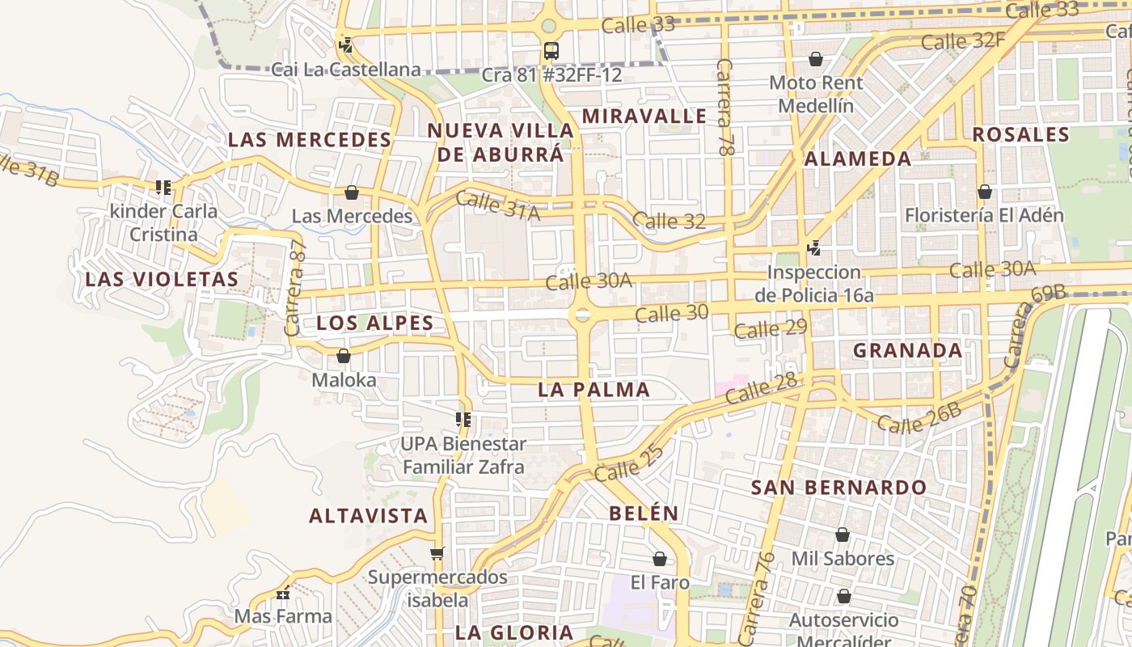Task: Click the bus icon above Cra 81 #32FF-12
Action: (x=551, y=51)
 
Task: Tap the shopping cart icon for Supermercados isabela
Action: (x=437, y=554)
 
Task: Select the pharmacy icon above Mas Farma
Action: (x=283, y=594)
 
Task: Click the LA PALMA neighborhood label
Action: (x=594, y=390)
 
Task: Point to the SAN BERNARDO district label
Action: (x=838, y=488)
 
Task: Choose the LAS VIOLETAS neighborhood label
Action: (x=162, y=280)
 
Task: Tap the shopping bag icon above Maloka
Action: (x=344, y=356)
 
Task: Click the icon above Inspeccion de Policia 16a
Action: (x=814, y=248)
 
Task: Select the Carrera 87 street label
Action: (x=294, y=287)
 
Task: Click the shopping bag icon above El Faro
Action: (x=660, y=559)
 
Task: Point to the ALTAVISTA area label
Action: (x=368, y=516)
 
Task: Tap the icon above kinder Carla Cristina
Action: (x=163, y=188)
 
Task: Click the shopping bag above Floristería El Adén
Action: (x=984, y=192)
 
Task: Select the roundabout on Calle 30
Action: (x=582, y=315)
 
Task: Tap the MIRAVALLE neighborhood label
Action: (x=644, y=116)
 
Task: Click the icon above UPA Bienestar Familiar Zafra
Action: (x=463, y=420)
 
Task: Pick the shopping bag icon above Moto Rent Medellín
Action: (x=816, y=59)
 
